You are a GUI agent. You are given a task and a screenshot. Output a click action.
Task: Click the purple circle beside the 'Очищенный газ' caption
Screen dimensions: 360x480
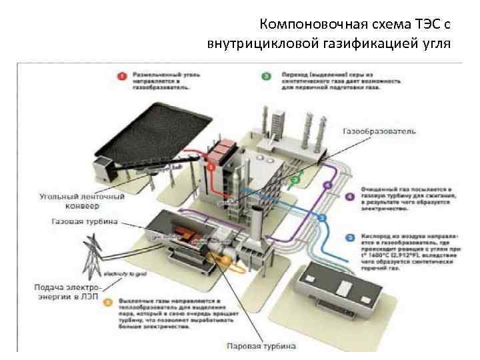[351, 196]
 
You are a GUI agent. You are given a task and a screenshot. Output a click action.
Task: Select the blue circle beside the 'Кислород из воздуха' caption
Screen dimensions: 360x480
[351, 237]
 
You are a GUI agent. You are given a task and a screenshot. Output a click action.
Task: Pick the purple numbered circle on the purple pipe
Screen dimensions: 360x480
[327, 185]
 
